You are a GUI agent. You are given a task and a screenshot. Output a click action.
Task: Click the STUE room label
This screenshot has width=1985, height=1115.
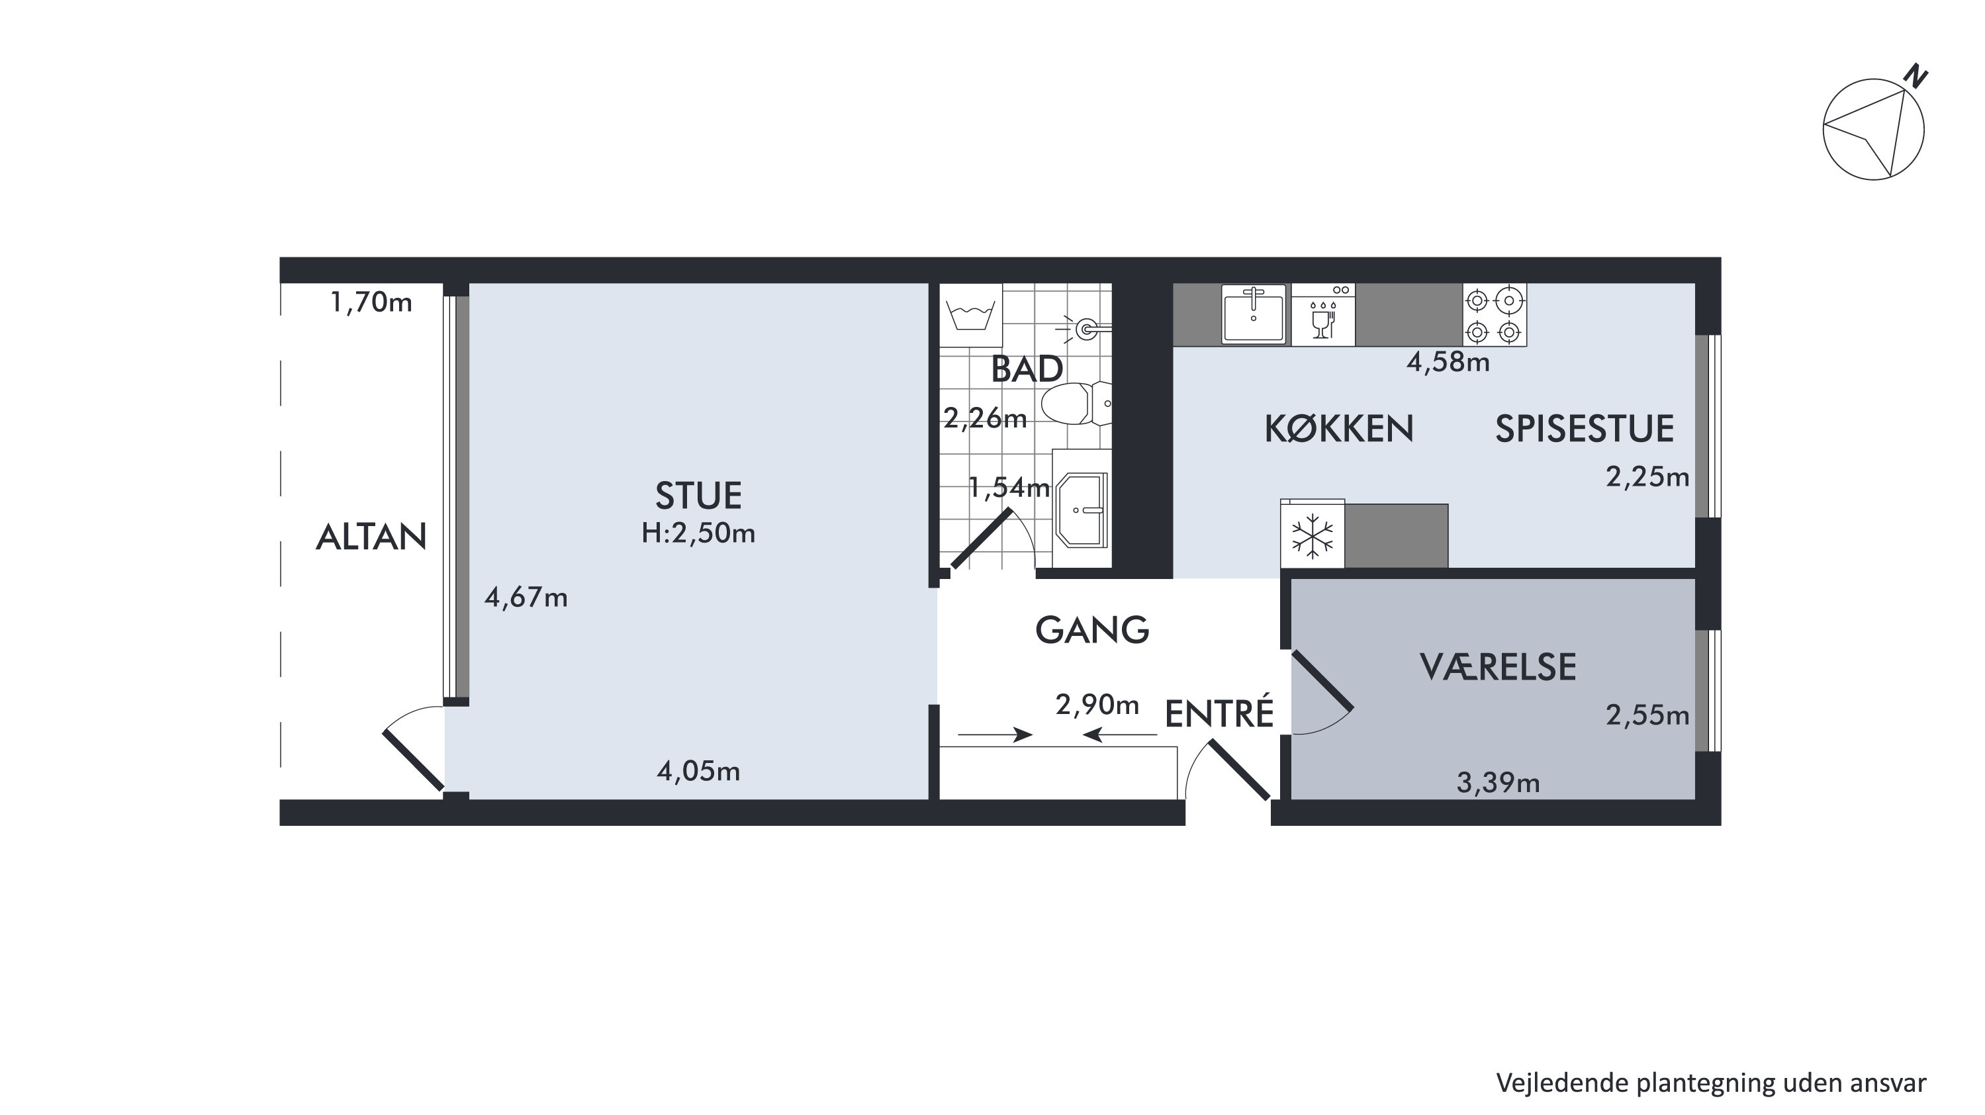[x=698, y=496]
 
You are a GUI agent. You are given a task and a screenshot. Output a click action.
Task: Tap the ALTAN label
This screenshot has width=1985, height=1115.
[x=371, y=537]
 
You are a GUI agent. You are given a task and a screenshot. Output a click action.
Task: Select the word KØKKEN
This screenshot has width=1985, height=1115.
[x=1339, y=429]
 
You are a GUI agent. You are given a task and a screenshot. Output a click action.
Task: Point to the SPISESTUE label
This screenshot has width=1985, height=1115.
[x=1585, y=429]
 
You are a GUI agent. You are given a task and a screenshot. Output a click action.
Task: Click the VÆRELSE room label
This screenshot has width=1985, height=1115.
[x=1498, y=667]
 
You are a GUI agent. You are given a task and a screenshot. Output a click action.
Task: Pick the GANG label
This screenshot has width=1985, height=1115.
[x=1092, y=631]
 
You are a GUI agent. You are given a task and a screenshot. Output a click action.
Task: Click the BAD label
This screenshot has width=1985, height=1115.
[x=1027, y=370]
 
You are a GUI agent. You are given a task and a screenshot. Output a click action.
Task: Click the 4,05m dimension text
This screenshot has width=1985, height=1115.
[x=698, y=772]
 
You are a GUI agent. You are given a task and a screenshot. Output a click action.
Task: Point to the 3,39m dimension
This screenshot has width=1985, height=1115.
[x=1498, y=783]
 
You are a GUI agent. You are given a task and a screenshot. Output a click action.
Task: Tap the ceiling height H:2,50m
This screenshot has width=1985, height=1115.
[x=698, y=533]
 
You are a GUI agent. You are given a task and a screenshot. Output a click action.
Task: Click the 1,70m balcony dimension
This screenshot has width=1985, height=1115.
[x=371, y=303]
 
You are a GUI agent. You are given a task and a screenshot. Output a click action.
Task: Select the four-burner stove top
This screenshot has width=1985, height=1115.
[x=1494, y=315]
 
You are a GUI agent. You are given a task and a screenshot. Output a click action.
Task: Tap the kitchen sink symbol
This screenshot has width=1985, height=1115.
[x=1254, y=314]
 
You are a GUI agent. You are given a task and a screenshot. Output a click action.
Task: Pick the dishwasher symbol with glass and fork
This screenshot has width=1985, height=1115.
[x=1323, y=314]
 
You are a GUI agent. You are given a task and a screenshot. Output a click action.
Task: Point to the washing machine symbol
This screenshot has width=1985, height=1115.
[x=971, y=315]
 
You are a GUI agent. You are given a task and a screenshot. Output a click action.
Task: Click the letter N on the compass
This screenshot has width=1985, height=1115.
[x=1916, y=77]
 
